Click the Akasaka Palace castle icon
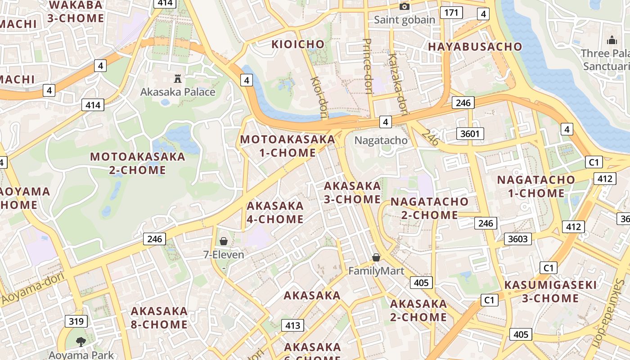(x=178, y=79)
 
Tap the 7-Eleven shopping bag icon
(x=224, y=241)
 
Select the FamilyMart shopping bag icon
(x=376, y=257)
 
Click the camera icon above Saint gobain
(x=405, y=6)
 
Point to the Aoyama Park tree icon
(x=81, y=342)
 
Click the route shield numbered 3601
(x=470, y=133)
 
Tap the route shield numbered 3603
(x=517, y=238)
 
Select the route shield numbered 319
(x=76, y=321)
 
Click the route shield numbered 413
(x=292, y=325)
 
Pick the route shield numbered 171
(x=451, y=12)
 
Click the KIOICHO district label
(x=298, y=44)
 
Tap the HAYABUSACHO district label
(x=475, y=47)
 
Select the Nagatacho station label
(x=381, y=140)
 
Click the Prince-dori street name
(x=367, y=66)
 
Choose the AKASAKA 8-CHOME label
(x=159, y=318)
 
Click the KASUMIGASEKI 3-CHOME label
(x=550, y=292)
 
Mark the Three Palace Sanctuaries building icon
(x=612, y=40)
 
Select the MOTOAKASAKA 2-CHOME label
(x=138, y=163)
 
